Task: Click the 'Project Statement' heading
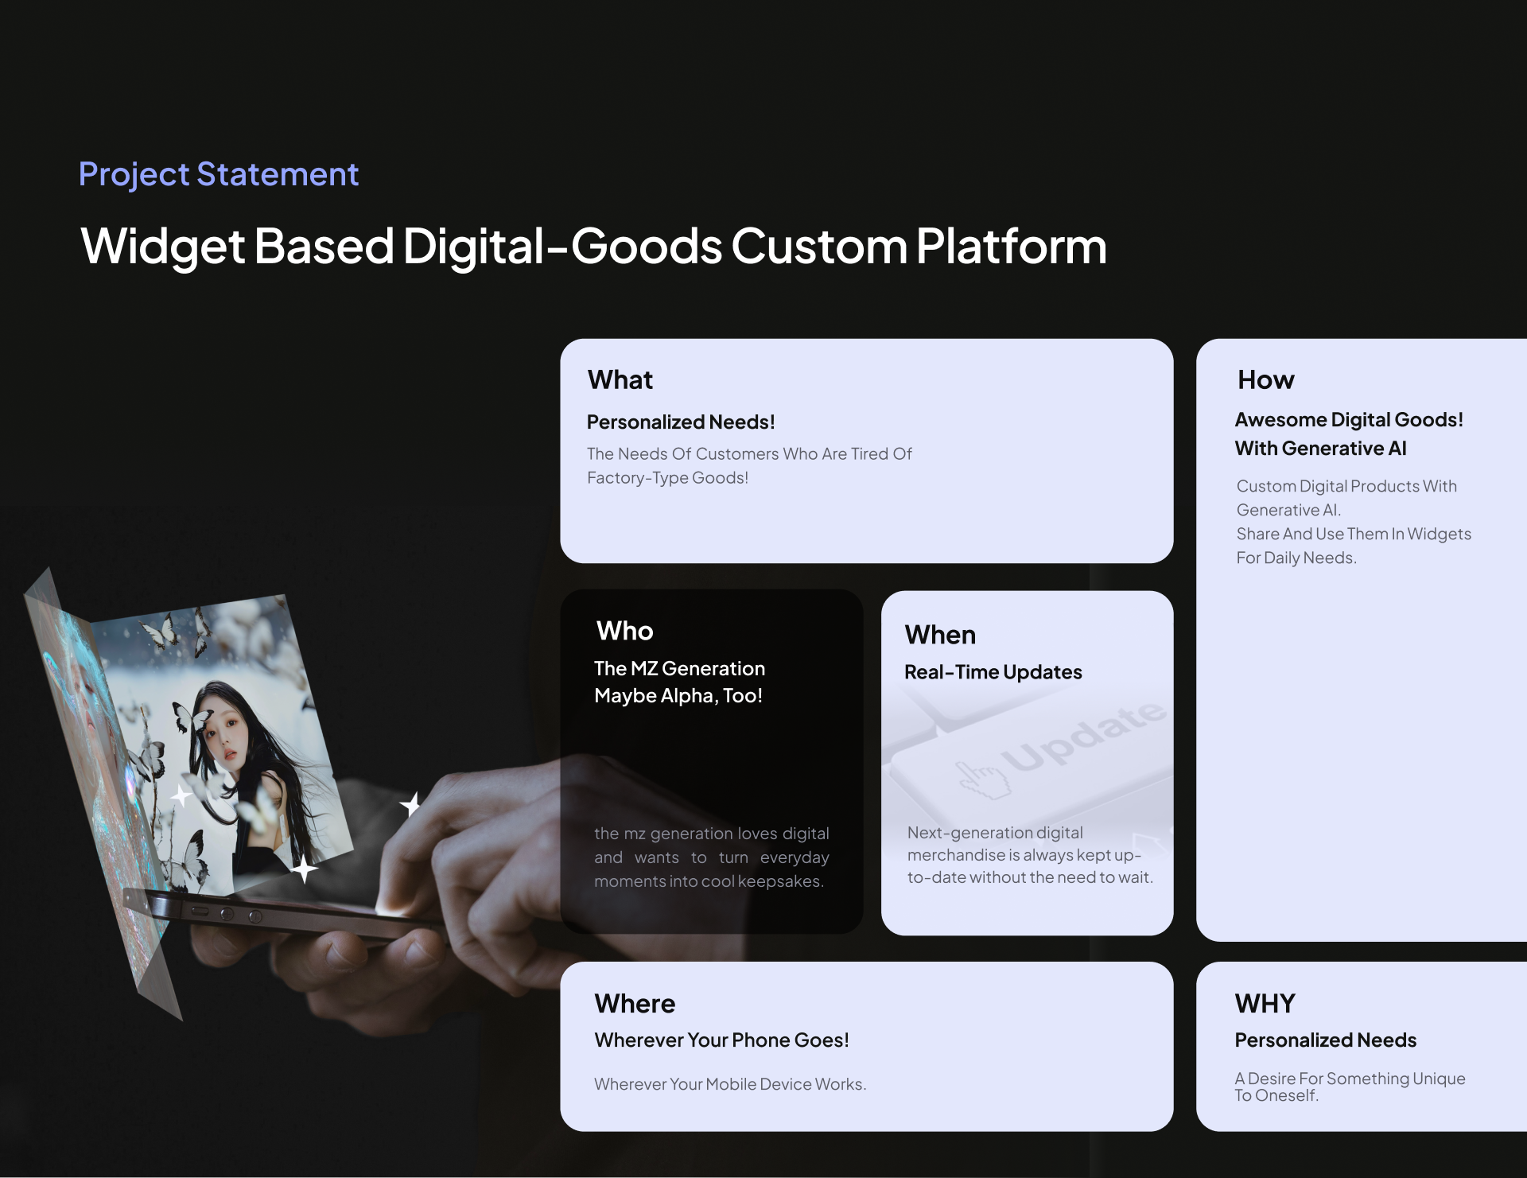[x=219, y=175]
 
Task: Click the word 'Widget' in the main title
[x=162, y=247]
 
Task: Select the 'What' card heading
[x=620, y=380]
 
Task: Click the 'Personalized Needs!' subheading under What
[x=681, y=422]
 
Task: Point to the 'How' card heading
[x=1266, y=380]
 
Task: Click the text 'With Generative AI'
[x=1321, y=449]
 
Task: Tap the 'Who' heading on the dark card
[x=625, y=631]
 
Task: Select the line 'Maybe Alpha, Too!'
[x=678, y=696]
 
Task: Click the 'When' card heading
[x=940, y=635]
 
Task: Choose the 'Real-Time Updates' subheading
[x=993, y=672]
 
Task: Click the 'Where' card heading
[x=635, y=1004]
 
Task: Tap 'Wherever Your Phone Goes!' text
[x=722, y=1040]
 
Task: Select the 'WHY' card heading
[x=1265, y=1004]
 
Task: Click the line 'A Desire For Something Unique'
[x=1350, y=1079]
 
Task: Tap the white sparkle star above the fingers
[x=410, y=805]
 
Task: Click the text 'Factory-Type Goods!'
[x=668, y=478]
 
